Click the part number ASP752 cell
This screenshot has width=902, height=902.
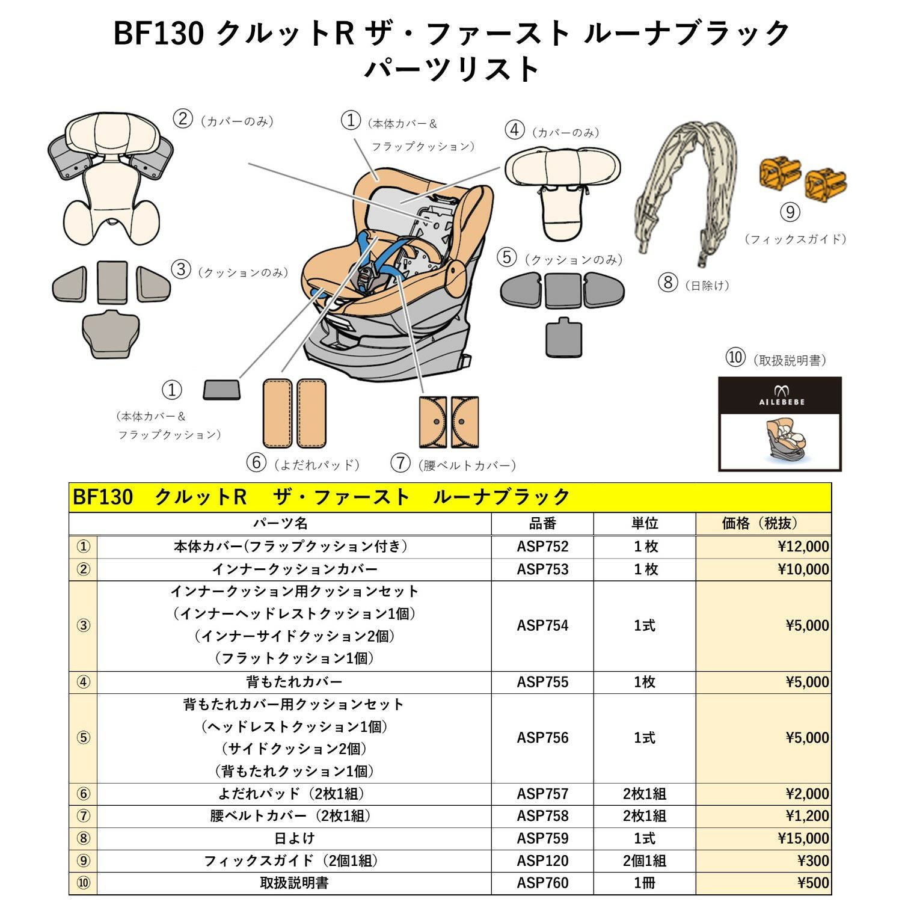tap(542, 547)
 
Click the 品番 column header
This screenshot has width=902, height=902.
tap(542, 524)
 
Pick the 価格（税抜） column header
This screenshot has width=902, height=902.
tap(762, 524)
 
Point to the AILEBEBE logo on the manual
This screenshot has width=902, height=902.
tap(781, 397)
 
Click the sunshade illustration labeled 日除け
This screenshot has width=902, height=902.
tap(686, 186)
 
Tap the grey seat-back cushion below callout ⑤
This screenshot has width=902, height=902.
tap(563, 339)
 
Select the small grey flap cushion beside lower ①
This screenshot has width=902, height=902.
tap(222, 390)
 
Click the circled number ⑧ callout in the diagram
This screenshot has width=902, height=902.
tap(667, 282)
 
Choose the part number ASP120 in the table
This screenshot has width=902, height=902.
tap(542, 861)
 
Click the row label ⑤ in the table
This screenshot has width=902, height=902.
tap(84, 738)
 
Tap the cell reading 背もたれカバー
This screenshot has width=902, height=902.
tap(294, 682)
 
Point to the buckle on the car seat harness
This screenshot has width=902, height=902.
tap(365, 278)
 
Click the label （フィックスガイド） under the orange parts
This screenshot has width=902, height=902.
tap(795, 239)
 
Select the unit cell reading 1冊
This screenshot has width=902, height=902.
tap(644, 883)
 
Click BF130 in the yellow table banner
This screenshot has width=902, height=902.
tap(103, 497)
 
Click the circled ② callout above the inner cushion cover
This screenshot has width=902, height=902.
tap(182, 118)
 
